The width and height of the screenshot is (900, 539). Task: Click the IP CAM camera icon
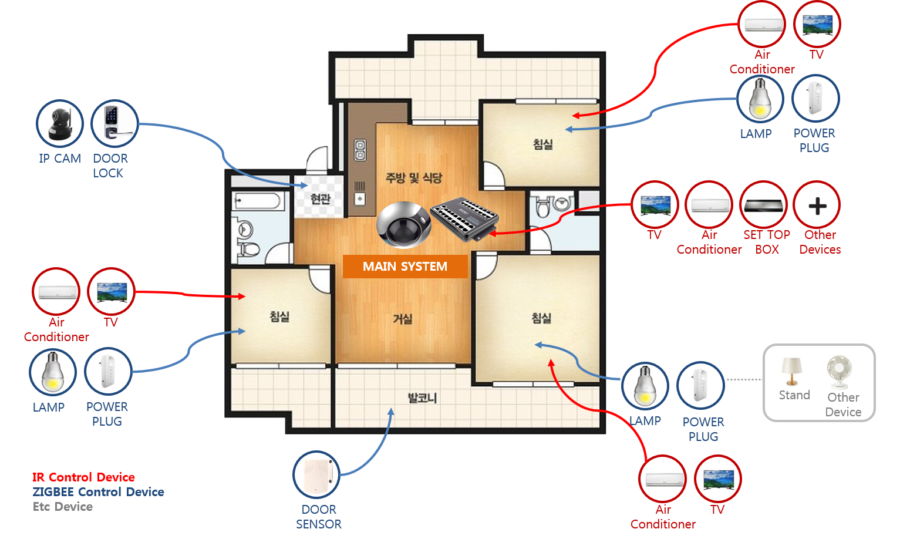[60, 124]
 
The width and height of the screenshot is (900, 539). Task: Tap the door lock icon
[114, 124]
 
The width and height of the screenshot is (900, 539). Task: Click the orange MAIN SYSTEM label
[405, 267]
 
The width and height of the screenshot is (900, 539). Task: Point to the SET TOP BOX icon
[763, 205]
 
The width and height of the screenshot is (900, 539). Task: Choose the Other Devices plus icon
[817, 206]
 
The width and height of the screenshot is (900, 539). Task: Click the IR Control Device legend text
[83, 477]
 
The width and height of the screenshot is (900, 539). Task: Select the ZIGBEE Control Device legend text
[98, 492]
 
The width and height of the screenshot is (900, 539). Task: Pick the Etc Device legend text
[62, 507]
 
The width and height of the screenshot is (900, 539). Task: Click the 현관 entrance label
[320, 199]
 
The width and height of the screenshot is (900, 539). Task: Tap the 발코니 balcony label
[422, 398]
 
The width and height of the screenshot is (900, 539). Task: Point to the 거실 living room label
[403, 319]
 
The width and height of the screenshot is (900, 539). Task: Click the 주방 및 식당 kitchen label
[413, 177]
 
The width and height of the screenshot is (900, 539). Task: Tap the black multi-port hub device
[464, 218]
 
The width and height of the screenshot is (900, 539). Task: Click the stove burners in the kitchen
[360, 150]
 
